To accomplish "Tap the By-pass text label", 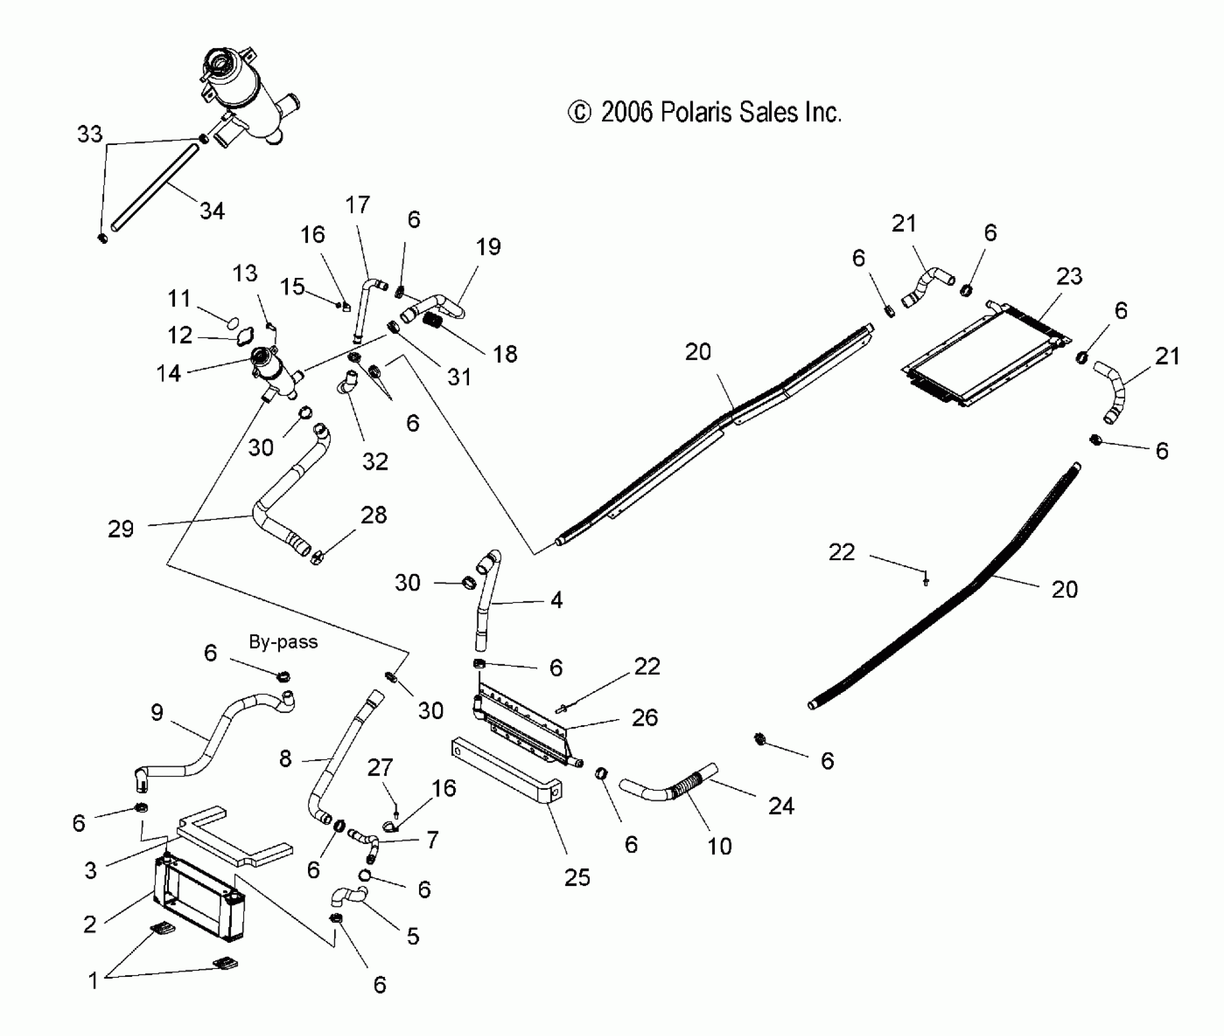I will tap(283, 642).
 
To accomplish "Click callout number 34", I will tap(212, 211).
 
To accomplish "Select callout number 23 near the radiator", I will tap(1069, 276).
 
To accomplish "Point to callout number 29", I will tap(120, 528).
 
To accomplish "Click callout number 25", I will tap(577, 877).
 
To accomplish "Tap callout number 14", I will tap(168, 373).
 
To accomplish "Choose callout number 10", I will tap(719, 846).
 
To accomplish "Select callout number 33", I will tap(90, 134).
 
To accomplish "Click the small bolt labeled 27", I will tap(396, 811).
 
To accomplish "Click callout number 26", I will tap(645, 717).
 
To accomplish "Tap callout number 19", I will tap(488, 247).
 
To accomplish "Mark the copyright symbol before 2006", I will tap(579, 113).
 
